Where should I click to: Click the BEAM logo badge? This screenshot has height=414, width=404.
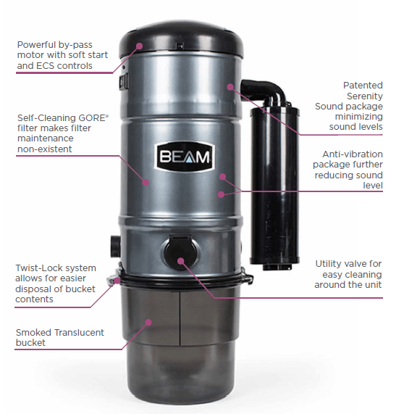click(x=185, y=157)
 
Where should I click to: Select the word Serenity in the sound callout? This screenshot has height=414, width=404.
click(x=364, y=96)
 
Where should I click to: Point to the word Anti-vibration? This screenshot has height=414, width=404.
click(x=353, y=154)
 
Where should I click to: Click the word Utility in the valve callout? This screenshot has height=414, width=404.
click(x=327, y=264)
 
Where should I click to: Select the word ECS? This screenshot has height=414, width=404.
click(x=45, y=66)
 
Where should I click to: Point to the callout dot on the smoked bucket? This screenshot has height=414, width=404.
click(x=148, y=323)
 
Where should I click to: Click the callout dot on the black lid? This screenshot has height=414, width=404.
click(x=139, y=46)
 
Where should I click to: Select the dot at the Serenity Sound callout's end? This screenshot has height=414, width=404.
click(x=230, y=87)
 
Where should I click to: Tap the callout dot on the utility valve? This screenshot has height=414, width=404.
click(x=180, y=261)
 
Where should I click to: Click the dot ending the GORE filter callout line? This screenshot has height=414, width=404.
click(x=146, y=182)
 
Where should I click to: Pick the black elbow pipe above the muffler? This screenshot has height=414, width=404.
click(x=264, y=91)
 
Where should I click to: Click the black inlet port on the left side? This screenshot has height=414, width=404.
click(x=115, y=247)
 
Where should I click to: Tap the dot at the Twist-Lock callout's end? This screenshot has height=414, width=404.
click(x=117, y=281)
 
